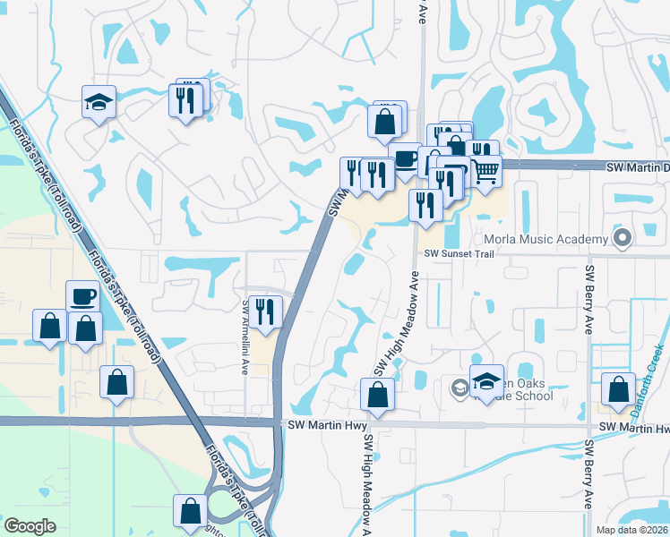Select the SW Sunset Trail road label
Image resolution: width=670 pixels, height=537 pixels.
[x=459, y=254]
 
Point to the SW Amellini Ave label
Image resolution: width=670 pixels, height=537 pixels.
[x=245, y=337]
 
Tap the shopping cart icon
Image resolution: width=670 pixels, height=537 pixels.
[x=485, y=171]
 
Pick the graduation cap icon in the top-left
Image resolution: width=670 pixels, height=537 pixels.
[x=99, y=102]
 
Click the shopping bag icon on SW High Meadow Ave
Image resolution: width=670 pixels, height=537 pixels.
[x=377, y=395]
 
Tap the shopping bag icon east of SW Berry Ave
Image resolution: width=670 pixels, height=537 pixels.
[x=618, y=389]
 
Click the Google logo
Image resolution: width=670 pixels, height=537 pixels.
[x=30, y=526]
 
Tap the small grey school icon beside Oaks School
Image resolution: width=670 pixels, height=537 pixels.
[x=459, y=387]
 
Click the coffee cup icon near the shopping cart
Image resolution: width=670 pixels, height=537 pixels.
[x=406, y=158]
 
